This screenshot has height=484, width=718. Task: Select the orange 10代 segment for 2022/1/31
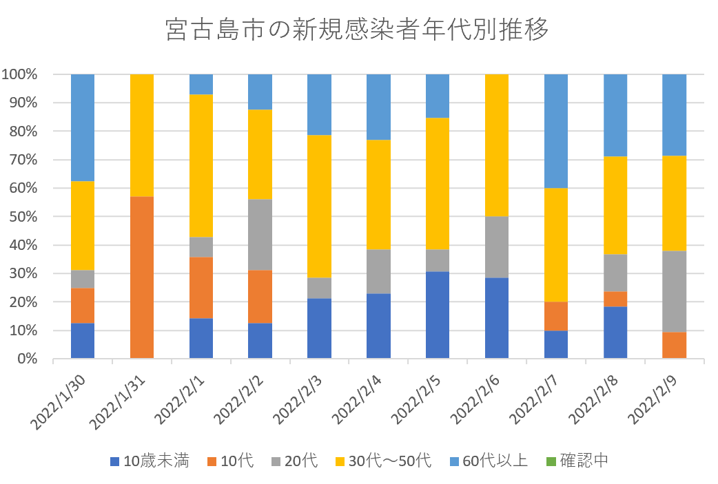pos(142,277)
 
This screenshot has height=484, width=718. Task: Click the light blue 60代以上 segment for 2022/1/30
pos(83,127)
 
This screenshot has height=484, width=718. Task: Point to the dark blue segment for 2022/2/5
pos(438,315)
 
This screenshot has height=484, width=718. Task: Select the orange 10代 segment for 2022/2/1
pos(201,288)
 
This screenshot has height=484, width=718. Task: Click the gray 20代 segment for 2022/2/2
pos(260,235)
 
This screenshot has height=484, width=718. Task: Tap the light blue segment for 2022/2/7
pos(556,131)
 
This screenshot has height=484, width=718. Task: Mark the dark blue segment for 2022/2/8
pos(615,333)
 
